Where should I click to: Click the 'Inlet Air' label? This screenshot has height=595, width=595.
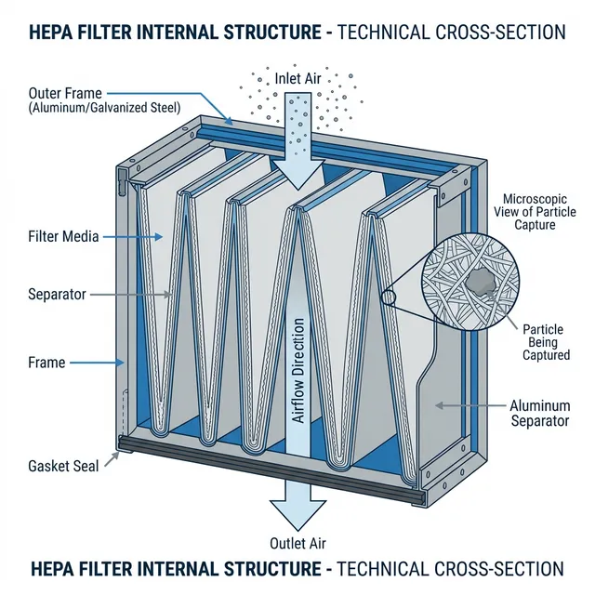297,78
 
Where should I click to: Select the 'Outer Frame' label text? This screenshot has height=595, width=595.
65,94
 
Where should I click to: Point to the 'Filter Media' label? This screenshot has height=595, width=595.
63,237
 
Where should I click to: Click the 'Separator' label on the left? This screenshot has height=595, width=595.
57,294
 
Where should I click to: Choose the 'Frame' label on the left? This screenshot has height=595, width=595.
46,363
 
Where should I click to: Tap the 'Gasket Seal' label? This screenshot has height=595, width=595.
63,466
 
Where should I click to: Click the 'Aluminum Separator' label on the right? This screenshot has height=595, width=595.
539,414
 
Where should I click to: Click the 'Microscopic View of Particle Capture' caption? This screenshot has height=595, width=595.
541,212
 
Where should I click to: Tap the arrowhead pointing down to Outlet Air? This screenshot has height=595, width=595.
297,513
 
